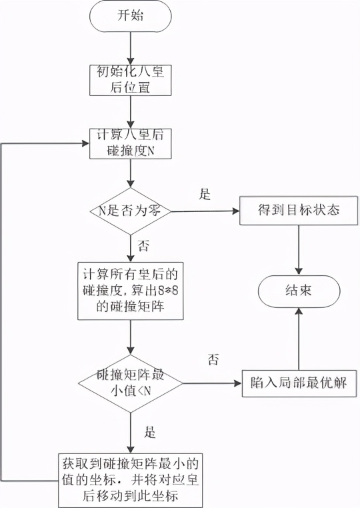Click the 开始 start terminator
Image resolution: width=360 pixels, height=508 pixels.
[131, 17]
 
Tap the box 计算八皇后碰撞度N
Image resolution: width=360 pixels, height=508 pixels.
[131, 143]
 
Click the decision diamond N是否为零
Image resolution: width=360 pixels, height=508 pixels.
[131, 211]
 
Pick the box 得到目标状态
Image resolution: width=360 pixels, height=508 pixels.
[299, 210]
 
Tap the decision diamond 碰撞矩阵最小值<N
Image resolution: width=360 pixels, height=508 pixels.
[131, 383]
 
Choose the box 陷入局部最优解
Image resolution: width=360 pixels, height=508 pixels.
[298, 384]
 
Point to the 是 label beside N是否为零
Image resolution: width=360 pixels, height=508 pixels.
[205, 195]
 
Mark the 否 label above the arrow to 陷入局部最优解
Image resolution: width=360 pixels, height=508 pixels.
[213, 360]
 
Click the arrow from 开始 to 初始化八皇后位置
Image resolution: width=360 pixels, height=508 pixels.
[131, 45]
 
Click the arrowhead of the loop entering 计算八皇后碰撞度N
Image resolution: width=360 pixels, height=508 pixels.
[85, 143]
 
